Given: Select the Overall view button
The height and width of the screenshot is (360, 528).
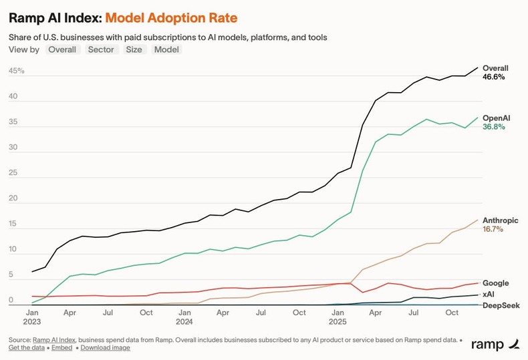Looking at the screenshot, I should click(x=62, y=49).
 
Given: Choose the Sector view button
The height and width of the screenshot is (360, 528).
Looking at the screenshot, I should click(x=101, y=49).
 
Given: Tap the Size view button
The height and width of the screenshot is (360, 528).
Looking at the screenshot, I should click(x=134, y=49).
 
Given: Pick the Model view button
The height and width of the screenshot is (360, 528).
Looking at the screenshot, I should click(x=166, y=49).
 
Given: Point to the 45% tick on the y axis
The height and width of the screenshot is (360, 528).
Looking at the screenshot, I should click(x=17, y=71).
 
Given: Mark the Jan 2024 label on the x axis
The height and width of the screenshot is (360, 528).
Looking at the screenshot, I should click(x=184, y=317).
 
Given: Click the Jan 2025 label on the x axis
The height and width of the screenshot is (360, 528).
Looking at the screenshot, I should click(x=338, y=317).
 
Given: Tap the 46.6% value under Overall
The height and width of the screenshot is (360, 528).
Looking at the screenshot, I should click(x=493, y=77).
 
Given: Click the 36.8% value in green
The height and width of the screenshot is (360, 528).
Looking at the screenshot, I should click(x=493, y=127).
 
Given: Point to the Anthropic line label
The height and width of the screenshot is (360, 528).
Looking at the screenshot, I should click(x=500, y=220).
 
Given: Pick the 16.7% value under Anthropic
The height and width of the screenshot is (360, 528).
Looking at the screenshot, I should click(x=493, y=229).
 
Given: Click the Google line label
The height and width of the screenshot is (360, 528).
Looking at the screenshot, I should click(x=495, y=283).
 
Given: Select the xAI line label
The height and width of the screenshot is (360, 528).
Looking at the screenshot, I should click(x=489, y=294).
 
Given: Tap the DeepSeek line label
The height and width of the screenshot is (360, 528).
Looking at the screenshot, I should click(x=501, y=305).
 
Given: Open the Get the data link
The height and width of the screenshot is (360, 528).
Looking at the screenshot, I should click(x=27, y=347).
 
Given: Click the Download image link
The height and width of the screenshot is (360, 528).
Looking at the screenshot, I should click(x=105, y=347).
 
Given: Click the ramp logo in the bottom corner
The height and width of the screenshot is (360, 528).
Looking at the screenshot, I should click(x=495, y=345).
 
